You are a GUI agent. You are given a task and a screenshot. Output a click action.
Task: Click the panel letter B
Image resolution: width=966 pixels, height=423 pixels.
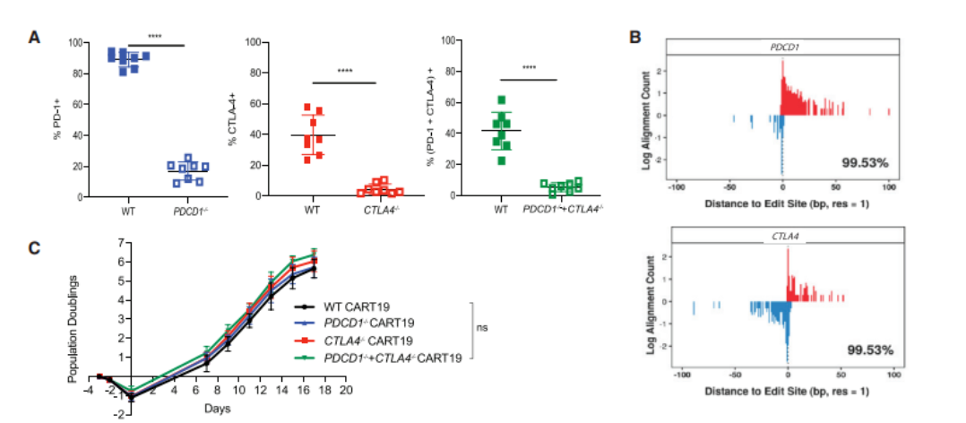635,37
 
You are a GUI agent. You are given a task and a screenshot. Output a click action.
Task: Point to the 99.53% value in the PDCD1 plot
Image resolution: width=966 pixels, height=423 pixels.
864,162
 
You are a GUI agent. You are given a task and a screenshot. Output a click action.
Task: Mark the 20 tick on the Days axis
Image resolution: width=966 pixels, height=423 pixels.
345,391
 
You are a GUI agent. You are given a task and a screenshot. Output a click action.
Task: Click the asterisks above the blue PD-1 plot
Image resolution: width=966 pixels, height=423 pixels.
155,38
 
